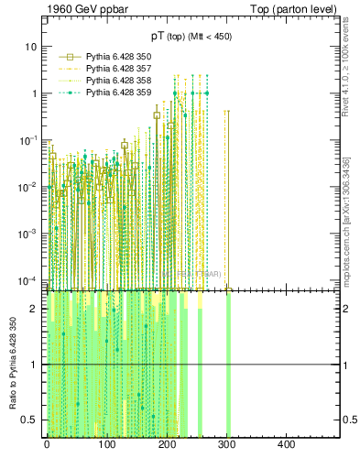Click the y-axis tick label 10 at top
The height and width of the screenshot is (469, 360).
[x=32, y=47]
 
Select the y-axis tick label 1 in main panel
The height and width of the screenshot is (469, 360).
[x=35, y=93]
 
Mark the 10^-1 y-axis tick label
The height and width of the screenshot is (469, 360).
[x=29, y=140]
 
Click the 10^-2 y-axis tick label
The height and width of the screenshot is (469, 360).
[x=29, y=187]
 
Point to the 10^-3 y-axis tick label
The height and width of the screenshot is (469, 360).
[x=29, y=234]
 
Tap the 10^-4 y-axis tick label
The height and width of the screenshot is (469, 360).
[x=29, y=280]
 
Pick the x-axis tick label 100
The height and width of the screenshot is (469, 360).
[x=106, y=444]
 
